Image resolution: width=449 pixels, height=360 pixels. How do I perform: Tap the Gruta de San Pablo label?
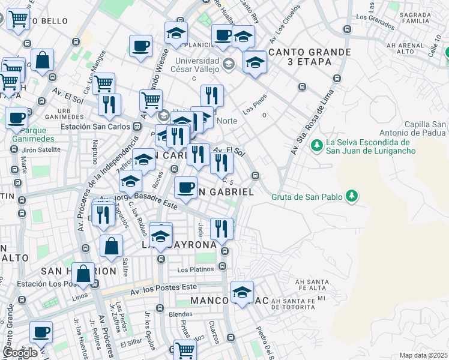click(x=307, y=196)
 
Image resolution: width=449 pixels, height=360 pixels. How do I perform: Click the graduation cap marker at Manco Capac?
click(x=242, y=292)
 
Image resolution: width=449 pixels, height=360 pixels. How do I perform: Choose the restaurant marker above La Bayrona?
click(x=221, y=228)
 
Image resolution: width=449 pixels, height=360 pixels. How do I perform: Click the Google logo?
click(x=19, y=353)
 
